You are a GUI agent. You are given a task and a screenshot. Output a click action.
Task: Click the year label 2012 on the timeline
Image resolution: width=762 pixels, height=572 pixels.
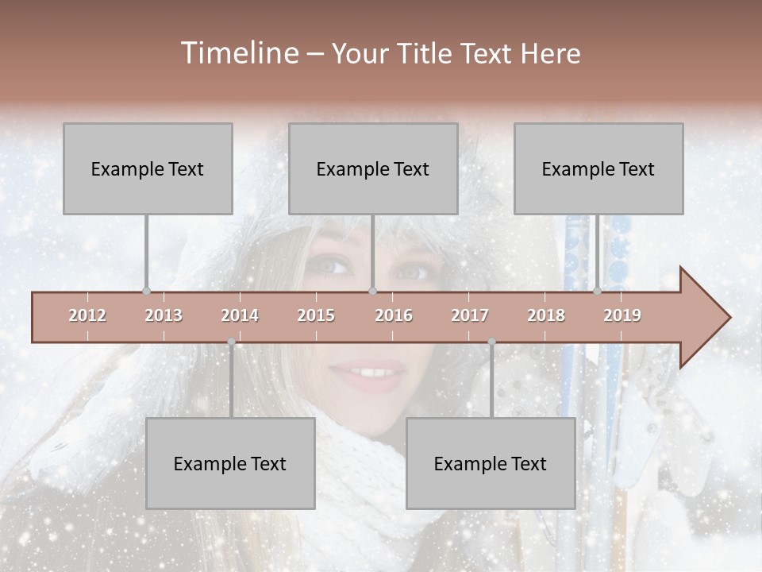(x=87, y=315)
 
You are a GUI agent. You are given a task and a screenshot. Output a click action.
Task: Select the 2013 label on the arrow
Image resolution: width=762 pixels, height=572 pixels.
(x=164, y=315)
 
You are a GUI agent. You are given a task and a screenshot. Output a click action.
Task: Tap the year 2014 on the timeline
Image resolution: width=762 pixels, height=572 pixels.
(x=240, y=315)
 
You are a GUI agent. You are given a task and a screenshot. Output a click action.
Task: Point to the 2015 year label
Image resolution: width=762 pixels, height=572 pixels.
(x=316, y=315)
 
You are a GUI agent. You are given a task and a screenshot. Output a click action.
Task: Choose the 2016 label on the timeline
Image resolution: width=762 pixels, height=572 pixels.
(x=394, y=315)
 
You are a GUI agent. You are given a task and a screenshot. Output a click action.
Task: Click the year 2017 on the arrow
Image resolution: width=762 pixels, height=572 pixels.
(x=470, y=315)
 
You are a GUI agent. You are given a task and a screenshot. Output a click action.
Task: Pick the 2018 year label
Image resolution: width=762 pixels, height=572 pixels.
(x=546, y=315)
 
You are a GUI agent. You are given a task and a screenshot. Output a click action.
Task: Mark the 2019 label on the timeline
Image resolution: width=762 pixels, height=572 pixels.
(x=622, y=315)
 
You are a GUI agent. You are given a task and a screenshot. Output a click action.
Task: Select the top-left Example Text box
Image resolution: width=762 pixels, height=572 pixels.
(x=148, y=168)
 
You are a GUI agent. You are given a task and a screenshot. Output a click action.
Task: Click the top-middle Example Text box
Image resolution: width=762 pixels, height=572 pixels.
(x=373, y=168)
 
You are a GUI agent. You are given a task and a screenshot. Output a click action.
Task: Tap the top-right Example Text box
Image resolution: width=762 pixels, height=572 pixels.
(x=598, y=168)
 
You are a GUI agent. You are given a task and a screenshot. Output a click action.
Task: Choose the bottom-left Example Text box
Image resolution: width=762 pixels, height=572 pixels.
(x=230, y=463)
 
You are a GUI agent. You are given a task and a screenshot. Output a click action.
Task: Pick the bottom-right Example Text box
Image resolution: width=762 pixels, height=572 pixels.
(x=491, y=463)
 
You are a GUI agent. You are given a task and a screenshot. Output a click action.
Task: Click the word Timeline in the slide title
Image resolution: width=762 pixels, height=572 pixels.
(x=238, y=53)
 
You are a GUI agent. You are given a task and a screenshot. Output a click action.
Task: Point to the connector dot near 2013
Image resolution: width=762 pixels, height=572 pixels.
(x=146, y=291)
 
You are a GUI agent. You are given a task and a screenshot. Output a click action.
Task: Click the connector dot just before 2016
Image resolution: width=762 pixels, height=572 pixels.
(x=372, y=291)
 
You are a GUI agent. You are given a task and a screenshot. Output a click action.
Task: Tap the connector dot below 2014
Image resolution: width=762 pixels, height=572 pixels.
(x=231, y=342)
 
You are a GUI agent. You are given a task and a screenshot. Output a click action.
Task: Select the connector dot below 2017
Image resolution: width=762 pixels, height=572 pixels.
(x=491, y=342)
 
